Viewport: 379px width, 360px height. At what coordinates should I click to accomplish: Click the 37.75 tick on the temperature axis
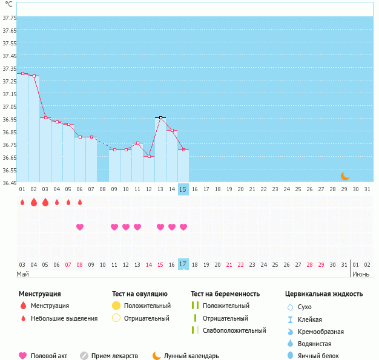8,18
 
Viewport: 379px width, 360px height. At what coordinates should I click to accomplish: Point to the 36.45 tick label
8,183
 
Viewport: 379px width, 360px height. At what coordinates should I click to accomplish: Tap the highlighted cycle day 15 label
183,189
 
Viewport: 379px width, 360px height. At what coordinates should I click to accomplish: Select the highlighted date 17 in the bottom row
183,264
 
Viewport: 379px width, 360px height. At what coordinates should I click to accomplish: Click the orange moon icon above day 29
344,176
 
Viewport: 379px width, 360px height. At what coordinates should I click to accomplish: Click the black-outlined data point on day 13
160,117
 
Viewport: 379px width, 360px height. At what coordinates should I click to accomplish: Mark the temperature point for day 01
22,74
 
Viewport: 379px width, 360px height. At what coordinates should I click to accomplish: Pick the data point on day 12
149,156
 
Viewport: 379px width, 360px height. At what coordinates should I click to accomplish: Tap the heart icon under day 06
80,227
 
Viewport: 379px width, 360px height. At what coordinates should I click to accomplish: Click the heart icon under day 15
183,227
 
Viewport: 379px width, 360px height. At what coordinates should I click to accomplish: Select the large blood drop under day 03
45,202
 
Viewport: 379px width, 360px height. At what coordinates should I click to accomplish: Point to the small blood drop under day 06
80,202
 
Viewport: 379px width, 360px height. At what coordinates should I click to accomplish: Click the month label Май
22,275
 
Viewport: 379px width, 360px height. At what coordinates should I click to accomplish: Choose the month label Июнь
361,275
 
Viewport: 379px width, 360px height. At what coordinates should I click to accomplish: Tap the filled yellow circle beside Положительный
116,306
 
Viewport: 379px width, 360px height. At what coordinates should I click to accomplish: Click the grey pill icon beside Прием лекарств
84,356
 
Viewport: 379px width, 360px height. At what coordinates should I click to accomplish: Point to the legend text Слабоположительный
234,330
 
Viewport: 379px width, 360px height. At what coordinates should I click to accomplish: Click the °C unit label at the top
8,4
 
